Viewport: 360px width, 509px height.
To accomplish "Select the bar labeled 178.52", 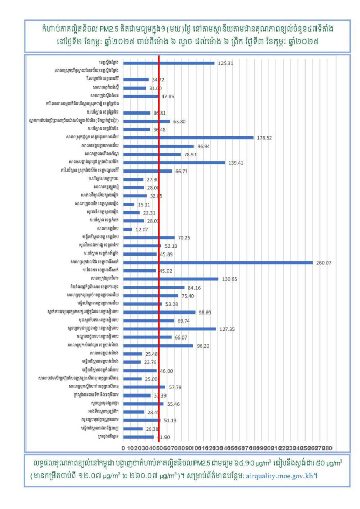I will tap(188, 137).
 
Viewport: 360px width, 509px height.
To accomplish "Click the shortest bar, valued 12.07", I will tap(128, 229).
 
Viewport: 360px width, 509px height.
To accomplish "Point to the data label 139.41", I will tap(236, 163).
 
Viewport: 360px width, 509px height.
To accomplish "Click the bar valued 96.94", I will tap(158, 146).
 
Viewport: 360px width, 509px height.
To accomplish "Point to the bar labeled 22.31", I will tap(131, 212).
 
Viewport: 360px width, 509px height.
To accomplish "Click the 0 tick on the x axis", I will tap(123, 448).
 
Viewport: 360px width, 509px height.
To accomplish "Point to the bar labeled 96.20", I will tap(158, 345).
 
